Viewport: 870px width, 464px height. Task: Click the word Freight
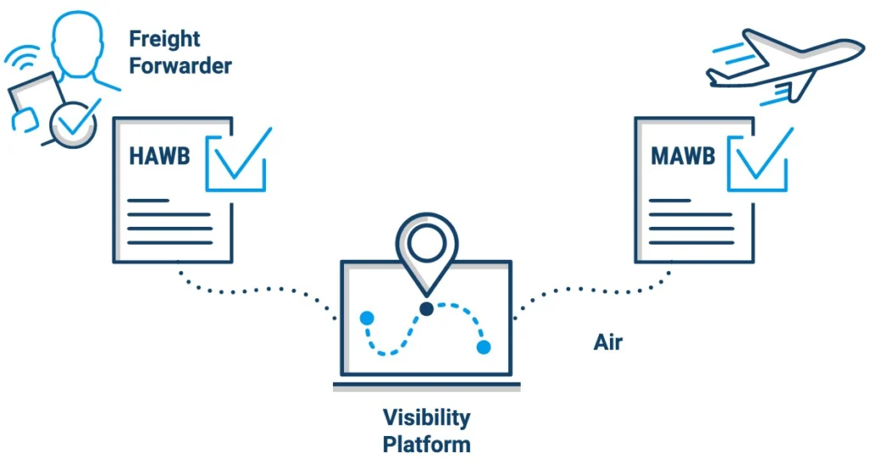[165, 39]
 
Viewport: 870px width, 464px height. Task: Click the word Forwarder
[180, 66]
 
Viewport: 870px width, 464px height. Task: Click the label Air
[607, 343]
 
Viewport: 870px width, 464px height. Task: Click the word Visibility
[427, 417]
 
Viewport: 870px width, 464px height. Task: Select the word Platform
[427, 444]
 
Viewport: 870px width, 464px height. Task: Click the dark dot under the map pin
[426, 308]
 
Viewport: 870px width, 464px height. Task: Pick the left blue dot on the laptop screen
[367, 319]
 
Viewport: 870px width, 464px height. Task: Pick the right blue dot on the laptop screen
[483, 347]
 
